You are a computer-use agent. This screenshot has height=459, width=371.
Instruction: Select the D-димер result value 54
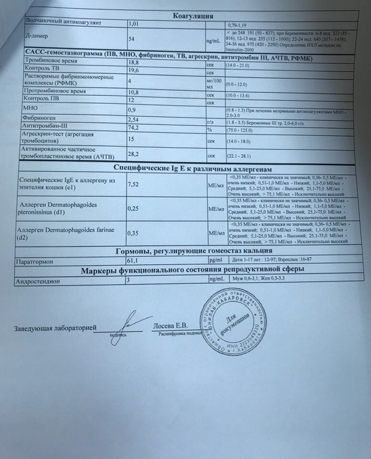(132, 38)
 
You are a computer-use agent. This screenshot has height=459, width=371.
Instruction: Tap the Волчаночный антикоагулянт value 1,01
(134, 24)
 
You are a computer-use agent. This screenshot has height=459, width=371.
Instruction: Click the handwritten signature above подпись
(122, 326)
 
